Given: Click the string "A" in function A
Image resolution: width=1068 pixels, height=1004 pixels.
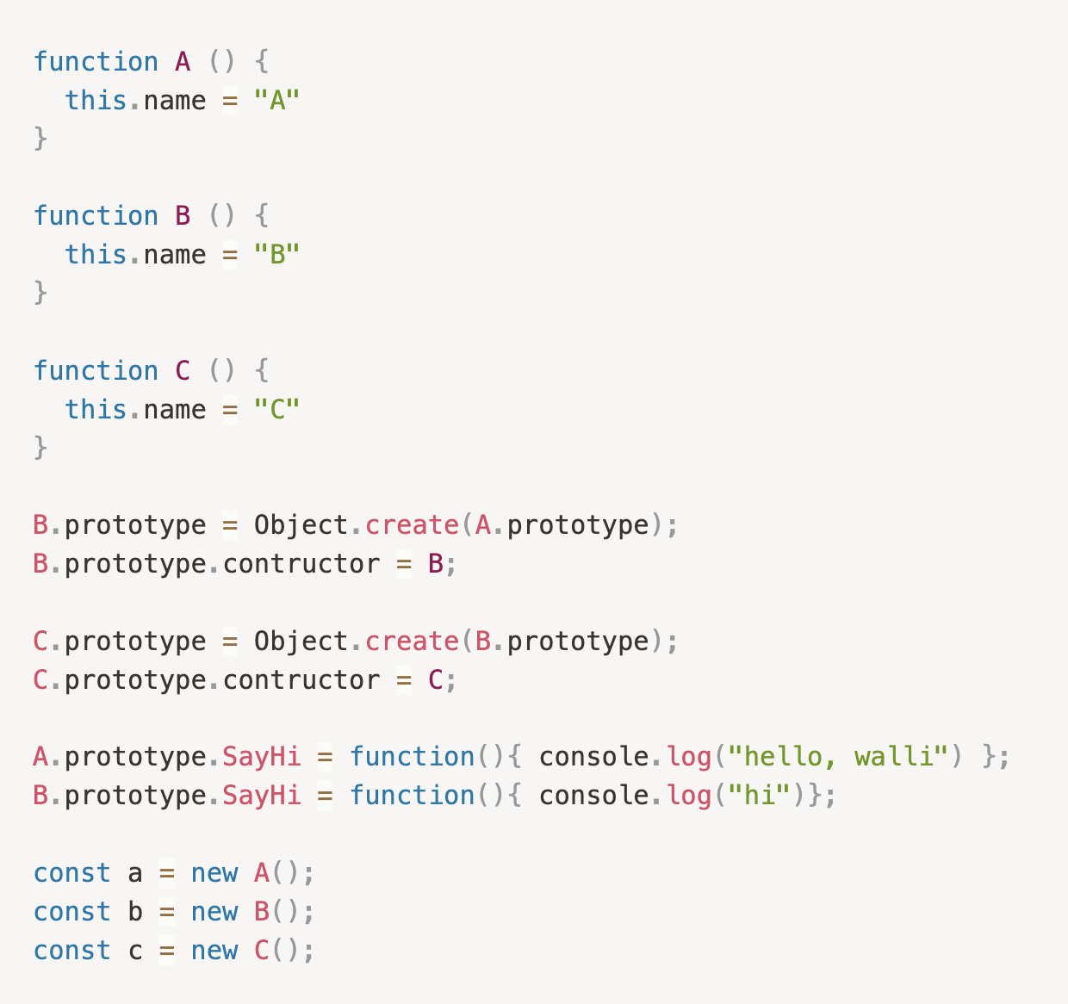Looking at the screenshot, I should (276, 101).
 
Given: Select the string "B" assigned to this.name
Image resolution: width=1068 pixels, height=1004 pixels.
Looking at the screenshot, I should (276, 255).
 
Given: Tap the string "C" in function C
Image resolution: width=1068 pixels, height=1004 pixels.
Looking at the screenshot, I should (276, 410).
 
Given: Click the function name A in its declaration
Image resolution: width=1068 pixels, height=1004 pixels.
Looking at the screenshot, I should (183, 62).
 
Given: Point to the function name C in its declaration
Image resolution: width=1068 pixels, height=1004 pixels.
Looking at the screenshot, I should (183, 371).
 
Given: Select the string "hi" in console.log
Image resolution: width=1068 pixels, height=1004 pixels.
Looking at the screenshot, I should (760, 796).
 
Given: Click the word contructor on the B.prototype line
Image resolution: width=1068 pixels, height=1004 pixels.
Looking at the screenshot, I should (301, 564).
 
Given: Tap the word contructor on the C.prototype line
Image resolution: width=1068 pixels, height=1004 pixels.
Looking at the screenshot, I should (301, 680).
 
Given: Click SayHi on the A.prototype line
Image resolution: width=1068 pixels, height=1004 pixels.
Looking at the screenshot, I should (262, 757).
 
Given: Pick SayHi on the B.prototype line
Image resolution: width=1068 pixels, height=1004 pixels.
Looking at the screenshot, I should (262, 796).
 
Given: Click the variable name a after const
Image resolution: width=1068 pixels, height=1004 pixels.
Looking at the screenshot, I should (135, 874).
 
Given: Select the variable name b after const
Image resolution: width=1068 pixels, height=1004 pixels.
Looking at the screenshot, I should (135, 912).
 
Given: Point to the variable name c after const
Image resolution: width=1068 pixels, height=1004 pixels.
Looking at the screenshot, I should (135, 951).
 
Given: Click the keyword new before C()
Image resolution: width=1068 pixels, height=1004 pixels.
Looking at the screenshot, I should (214, 951).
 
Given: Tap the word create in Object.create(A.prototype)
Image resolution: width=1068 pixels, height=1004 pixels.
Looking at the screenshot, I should (412, 525).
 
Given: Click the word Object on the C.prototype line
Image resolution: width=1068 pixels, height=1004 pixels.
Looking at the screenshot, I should (301, 641).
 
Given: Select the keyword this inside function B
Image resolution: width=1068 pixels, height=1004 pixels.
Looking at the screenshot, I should (96, 255).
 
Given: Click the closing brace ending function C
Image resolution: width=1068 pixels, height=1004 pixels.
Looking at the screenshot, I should (40, 448).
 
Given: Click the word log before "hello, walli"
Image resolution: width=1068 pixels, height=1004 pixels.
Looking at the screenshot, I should (689, 757).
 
